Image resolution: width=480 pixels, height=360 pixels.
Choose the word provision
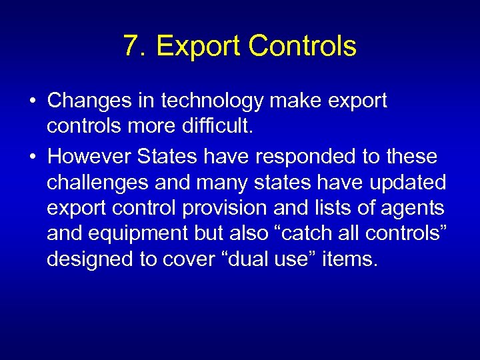coord(221,207)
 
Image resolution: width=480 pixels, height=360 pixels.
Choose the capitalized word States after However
coord(167,157)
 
